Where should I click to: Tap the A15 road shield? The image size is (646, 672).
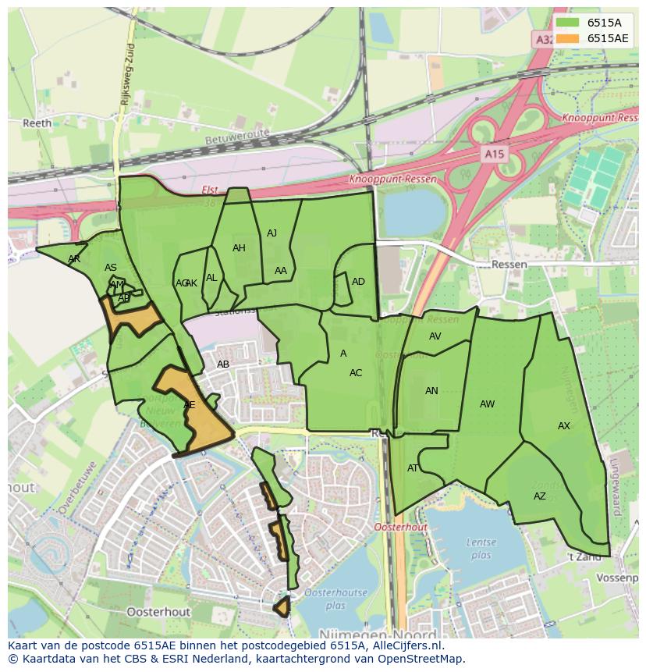point(493,155)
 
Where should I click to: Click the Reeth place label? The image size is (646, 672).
point(37,123)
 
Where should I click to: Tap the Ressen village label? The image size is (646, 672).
point(509,265)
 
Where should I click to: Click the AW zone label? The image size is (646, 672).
point(487,404)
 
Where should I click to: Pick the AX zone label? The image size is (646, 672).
point(564,426)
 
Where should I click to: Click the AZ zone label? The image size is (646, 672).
point(540,496)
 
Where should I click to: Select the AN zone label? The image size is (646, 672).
point(431,391)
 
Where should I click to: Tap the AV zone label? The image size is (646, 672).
point(435,336)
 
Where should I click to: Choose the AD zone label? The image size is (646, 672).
point(358,282)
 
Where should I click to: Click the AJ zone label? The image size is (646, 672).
point(272,233)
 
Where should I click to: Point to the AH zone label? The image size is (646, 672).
point(239,248)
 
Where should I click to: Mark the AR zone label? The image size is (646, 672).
point(74,258)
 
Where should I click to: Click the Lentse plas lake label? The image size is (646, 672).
point(481,549)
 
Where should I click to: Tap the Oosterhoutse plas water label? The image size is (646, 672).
point(335,599)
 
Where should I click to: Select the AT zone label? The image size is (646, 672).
point(413,468)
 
